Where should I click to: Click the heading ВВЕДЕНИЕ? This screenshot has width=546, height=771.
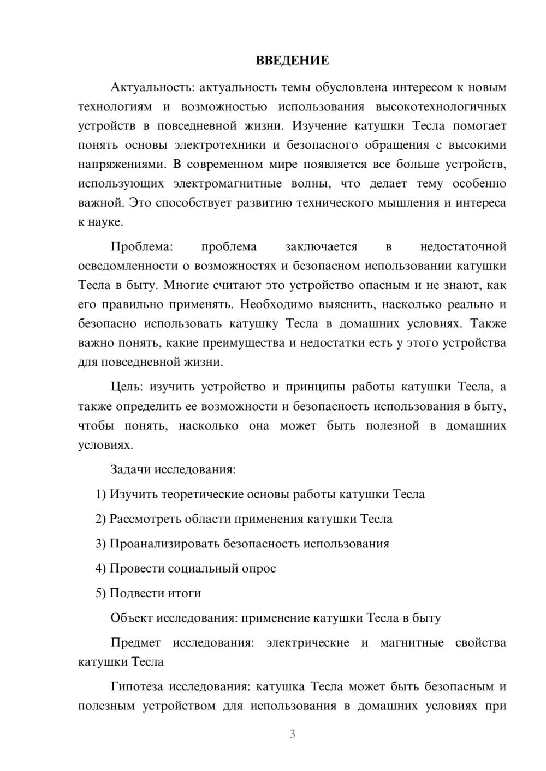click(x=292, y=61)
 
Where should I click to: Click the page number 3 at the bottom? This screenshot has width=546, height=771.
click(x=292, y=734)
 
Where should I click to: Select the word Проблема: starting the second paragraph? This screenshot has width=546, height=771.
click(x=141, y=246)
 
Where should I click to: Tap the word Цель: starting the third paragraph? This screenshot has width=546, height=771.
click(x=126, y=387)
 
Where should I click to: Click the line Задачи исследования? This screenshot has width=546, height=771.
click(x=173, y=469)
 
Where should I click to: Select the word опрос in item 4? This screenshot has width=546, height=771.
click(x=259, y=568)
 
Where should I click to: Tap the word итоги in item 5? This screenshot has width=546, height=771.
click(x=183, y=593)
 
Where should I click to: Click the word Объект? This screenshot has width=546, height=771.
click(x=132, y=618)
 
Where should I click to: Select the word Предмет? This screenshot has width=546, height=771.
click(x=135, y=642)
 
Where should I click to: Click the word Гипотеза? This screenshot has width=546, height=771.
click(x=138, y=686)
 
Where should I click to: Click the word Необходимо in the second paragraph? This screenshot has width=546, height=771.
click(x=276, y=304)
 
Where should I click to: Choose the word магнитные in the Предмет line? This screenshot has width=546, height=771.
click(x=412, y=642)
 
